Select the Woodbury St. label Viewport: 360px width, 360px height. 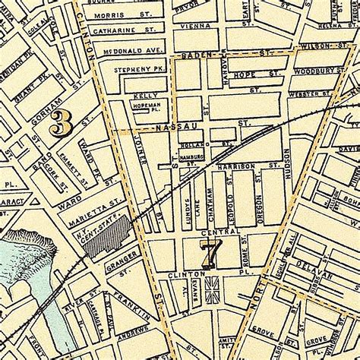304,70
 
